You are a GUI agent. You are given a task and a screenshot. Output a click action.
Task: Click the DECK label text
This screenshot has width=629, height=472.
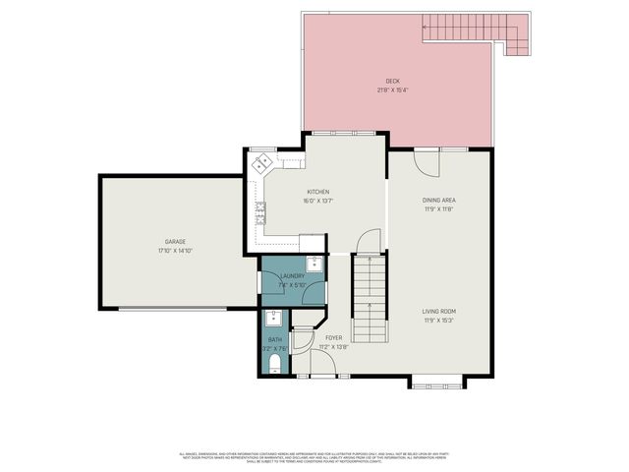[x=393, y=81]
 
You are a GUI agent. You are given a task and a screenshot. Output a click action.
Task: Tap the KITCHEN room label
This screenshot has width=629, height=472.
[x=317, y=192]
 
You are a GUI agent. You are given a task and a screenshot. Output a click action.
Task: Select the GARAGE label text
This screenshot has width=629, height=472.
[x=175, y=241]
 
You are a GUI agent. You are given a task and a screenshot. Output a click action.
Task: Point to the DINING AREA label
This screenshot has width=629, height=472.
[x=439, y=200]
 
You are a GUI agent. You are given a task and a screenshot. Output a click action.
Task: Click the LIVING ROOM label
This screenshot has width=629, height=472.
[x=439, y=311]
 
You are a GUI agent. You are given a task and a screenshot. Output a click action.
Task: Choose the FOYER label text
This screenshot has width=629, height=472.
[x=334, y=338]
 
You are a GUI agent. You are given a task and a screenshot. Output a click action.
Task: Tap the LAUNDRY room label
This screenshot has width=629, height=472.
[x=293, y=276]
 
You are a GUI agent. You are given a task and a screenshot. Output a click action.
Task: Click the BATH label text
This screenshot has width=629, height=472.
[x=274, y=339]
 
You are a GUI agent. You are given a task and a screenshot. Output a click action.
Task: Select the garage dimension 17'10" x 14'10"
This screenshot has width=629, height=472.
[x=175, y=250]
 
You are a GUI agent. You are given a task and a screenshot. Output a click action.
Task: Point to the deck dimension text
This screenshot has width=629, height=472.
[x=393, y=89]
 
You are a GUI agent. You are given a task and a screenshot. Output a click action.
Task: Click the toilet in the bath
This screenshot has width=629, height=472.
[x=275, y=365]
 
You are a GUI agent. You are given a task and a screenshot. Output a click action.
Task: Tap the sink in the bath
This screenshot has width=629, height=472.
[x=274, y=317]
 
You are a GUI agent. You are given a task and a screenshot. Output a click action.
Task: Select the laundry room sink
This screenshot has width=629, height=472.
[x=314, y=264]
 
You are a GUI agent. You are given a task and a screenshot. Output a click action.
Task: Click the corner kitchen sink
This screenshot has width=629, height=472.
[x=262, y=163]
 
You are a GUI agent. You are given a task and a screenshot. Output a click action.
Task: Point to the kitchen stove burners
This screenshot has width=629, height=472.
[x=260, y=210]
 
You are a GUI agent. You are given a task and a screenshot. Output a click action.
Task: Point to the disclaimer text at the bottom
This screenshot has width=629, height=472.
[x=314, y=456]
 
